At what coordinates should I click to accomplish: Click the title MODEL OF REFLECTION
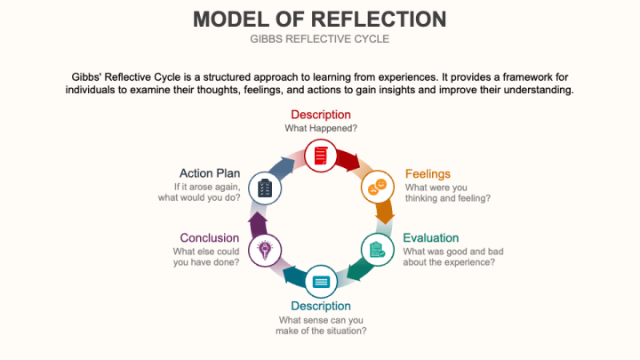[320, 19]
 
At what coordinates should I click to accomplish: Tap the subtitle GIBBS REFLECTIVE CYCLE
[320, 39]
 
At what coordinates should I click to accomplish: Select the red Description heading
[321, 115]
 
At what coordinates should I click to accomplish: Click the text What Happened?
[321, 129]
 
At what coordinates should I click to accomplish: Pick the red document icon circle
[321, 155]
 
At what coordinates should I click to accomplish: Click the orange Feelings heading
[428, 173]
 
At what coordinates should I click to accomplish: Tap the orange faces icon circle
[377, 187]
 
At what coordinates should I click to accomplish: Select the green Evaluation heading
[431, 237]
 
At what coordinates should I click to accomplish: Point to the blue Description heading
[321, 306]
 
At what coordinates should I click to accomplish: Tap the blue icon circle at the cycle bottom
[321, 282]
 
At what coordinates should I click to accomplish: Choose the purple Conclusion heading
[210, 237]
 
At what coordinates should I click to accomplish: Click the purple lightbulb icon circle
[265, 250]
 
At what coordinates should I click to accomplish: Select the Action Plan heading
[210, 173]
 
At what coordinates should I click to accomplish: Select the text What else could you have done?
[205, 257]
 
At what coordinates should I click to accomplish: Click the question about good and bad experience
[449, 257]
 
